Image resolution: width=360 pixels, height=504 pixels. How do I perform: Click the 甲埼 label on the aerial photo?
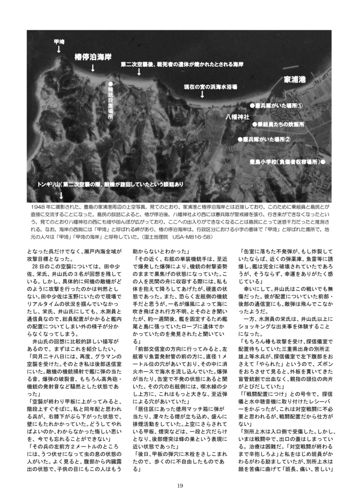coord(59,41)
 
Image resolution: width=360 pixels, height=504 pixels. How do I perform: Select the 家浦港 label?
coord(295,79)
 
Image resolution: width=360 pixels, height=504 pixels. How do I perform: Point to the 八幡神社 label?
coord(238,117)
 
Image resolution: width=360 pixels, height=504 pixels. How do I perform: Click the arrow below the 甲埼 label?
coord(59,49)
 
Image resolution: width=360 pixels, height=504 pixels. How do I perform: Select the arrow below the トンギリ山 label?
coord(60,194)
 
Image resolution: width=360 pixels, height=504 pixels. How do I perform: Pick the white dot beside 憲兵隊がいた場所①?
coord(251,105)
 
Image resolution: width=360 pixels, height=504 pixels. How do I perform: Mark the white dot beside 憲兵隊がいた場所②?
coord(239,139)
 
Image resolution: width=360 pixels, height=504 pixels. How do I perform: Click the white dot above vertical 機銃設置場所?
coord(110,84)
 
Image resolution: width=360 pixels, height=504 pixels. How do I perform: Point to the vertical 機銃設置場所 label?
coord(110,105)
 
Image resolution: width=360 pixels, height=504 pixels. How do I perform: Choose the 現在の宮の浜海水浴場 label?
coord(210,86)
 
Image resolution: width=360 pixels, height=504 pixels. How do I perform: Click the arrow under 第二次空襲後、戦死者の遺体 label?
coord(139,73)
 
